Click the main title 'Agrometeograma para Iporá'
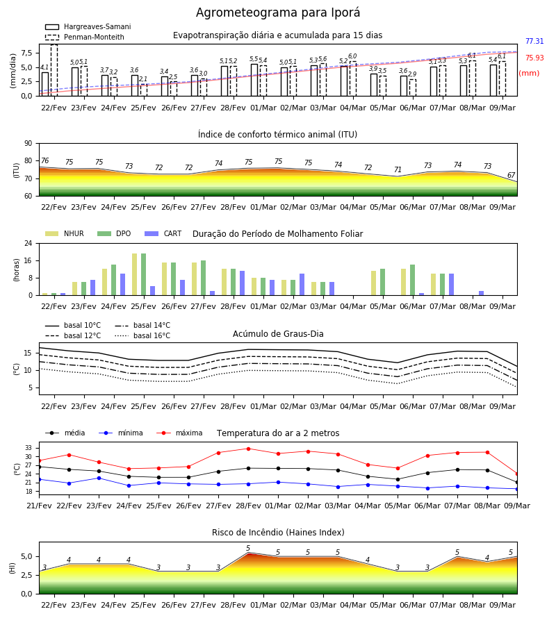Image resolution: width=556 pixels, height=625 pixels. [x=277, y=12]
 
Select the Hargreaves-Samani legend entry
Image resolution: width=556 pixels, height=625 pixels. [x=88, y=26]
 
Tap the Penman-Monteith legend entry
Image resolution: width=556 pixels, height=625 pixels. [x=85, y=37]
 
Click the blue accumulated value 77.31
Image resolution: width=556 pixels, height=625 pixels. [x=534, y=41]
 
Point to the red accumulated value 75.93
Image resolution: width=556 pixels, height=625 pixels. [x=534, y=58]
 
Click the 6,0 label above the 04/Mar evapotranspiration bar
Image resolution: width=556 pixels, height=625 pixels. [x=352, y=56]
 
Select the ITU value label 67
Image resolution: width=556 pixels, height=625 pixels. [x=511, y=176]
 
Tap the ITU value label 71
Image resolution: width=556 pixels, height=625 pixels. [x=398, y=170]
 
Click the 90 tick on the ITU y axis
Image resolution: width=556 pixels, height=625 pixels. [x=28, y=144]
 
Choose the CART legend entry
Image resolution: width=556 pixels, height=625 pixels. [x=163, y=233]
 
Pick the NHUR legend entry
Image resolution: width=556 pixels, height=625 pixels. [x=65, y=233]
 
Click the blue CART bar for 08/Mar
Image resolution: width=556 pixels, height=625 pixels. [x=482, y=293]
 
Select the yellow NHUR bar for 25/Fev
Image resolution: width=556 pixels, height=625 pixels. [x=134, y=274]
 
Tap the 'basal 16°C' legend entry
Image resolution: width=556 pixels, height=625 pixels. [x=142, y=335]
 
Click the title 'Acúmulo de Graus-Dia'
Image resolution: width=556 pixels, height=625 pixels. [x=278, y=334]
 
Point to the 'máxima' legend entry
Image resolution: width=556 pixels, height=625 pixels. [x=179, y=433]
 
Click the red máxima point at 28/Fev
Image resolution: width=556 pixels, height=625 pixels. [x=249, y=449]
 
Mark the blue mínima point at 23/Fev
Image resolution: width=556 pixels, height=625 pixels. [x=99, y=478]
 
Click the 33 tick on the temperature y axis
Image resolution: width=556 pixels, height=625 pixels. [x=28, y=448]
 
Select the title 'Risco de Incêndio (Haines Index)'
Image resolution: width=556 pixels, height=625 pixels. [x=278, y=533]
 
